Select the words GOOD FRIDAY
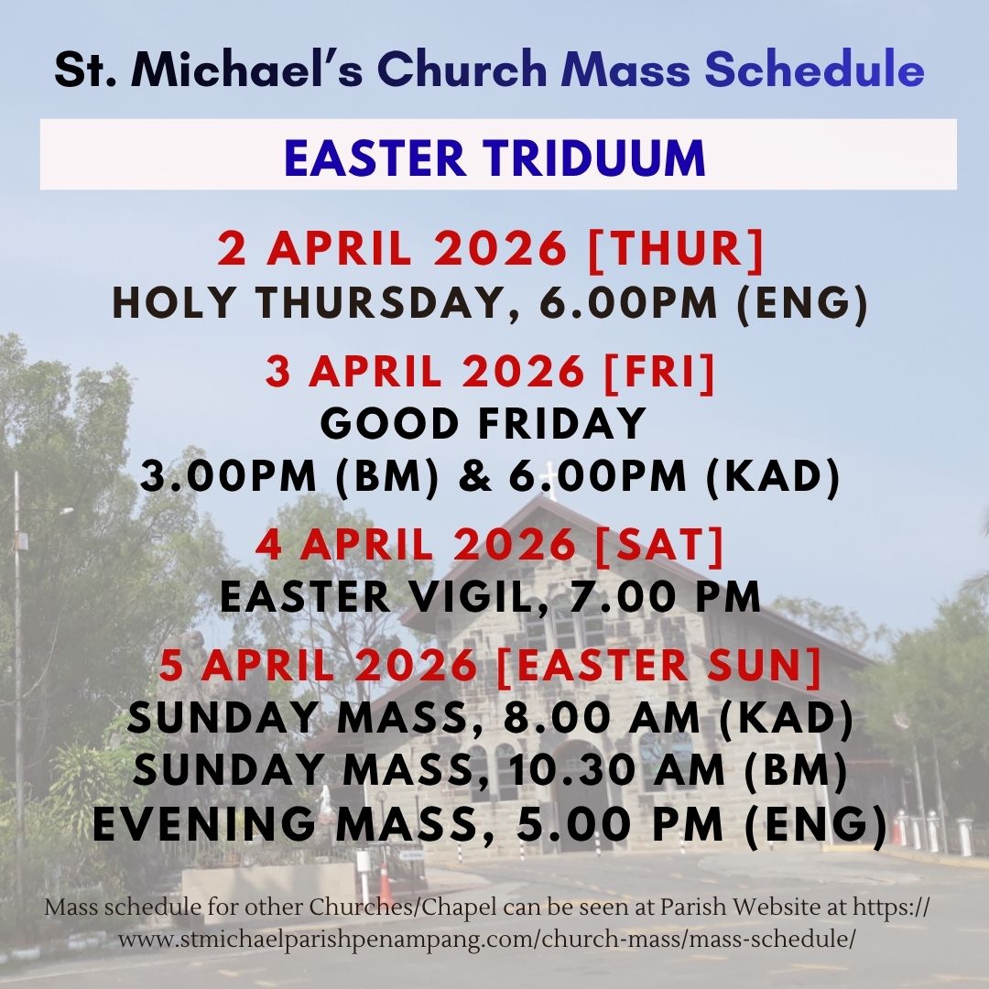pyautogui.click(x=484, y=424)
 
